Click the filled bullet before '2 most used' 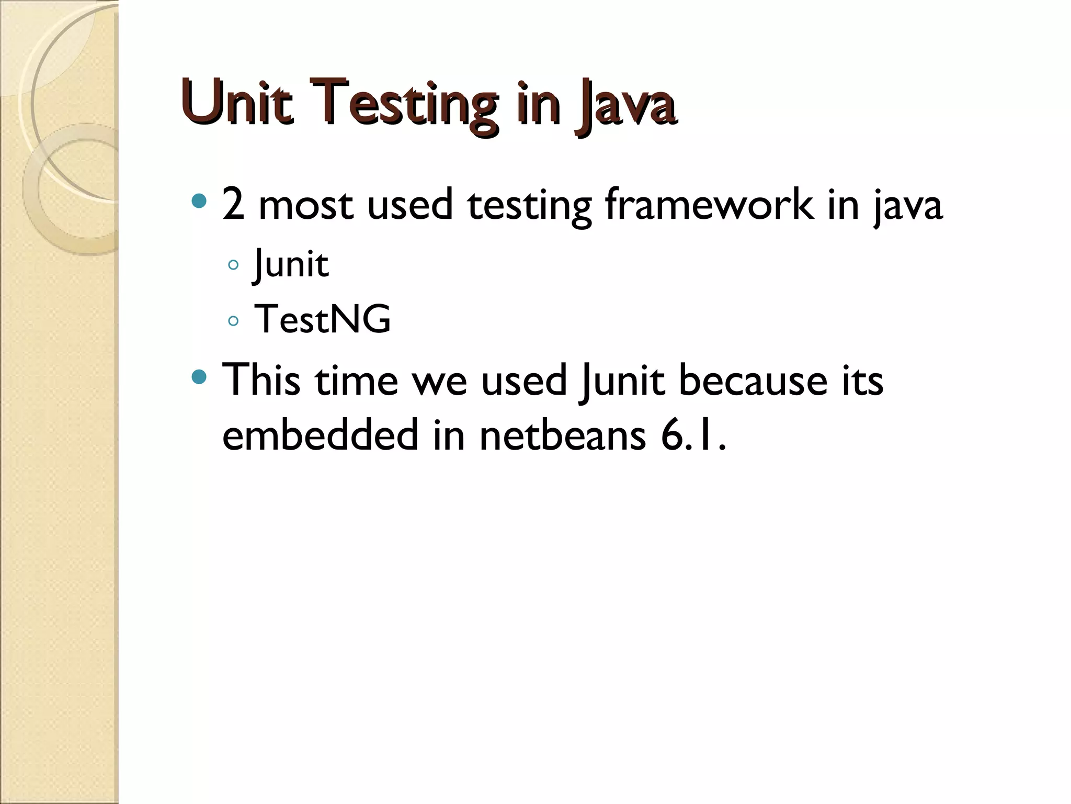(x=199, y=200)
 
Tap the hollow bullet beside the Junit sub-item (x=233, y=265)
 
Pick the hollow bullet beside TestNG (x=233, y=320)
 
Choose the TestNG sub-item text (x=322, y=319)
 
